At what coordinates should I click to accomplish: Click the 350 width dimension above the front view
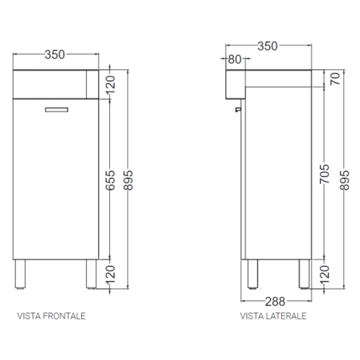coord(55,54)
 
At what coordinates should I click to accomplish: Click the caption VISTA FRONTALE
coord(52,316)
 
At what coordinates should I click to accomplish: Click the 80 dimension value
coord(236,59)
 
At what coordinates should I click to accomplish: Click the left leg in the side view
coord(253,273)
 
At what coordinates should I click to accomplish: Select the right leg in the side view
coord(303,273)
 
